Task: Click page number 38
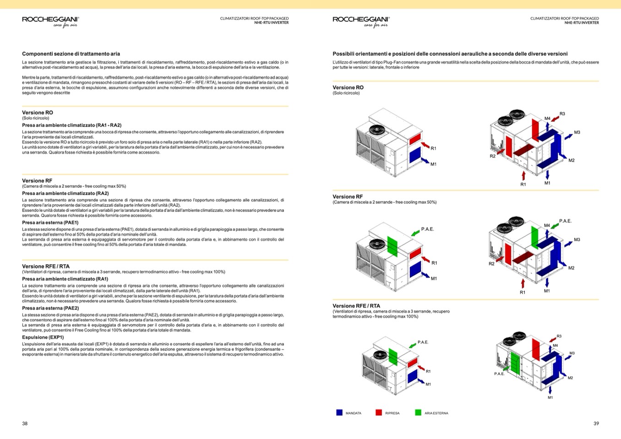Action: click(25, 423)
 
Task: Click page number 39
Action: click(596, 423)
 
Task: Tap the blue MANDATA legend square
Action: click(339, 412)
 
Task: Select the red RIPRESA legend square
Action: click(379, 412)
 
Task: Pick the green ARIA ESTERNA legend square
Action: click(418, 412)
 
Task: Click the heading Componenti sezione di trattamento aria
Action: click(71, 54)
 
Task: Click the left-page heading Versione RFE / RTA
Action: click(46, 266)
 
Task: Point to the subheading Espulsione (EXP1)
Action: click(43, 337)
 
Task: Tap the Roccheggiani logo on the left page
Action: click(50, 21)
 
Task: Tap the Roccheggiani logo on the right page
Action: click(361, 21)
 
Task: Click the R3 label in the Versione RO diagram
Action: click(562, 114)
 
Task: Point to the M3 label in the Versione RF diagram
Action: click(577, 239)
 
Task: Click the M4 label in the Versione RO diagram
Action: click(547, 119)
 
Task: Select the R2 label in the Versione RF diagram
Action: click(491, 264)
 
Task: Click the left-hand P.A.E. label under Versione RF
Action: click(427, 229)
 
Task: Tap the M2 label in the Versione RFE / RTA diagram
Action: click(570, 378)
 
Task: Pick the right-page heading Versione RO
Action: click(348, 87)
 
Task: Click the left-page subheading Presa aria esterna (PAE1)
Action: click(50, 222)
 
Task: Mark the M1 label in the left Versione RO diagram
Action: click(433, 164)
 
